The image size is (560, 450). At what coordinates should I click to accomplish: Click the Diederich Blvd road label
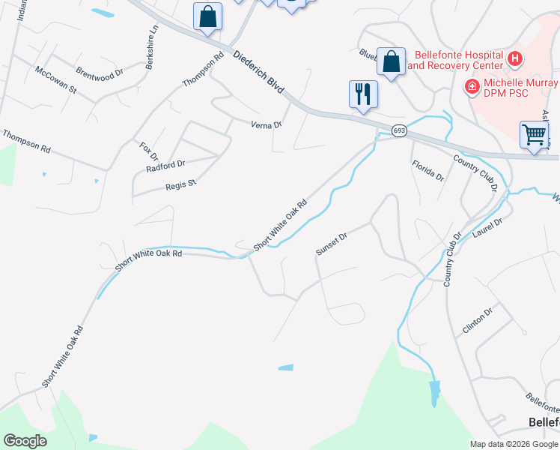[x=259, y=72]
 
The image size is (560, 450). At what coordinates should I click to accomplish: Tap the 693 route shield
[x=399, y=130]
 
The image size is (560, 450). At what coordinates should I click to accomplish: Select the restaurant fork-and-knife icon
[x=363, y=94]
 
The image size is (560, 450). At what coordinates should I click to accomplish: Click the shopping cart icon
[x=534, y=135]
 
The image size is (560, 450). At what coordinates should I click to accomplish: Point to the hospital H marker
[x=514, y=58]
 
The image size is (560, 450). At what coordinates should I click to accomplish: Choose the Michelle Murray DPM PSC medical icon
[x=472, y=86]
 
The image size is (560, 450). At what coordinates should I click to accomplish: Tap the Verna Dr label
[x=267, y=124]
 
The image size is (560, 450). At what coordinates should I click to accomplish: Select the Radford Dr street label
[x=165, y=165]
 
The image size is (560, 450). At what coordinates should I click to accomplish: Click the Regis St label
[x=180, y=184]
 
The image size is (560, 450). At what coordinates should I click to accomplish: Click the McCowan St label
[x=56, y=79]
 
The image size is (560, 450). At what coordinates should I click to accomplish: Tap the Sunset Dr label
[x=332, y=244]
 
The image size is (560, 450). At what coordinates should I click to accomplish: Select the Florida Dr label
[x=427, y=171]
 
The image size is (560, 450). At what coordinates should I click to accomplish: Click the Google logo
[x=25, y=441]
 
